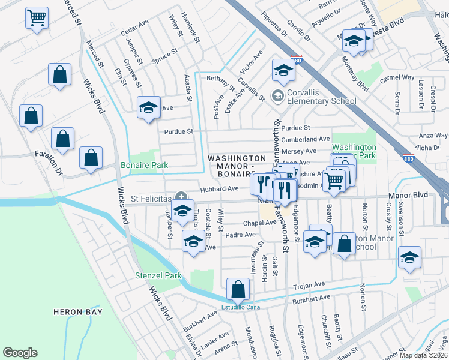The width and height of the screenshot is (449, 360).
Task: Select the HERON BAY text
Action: click(x=77, y=312)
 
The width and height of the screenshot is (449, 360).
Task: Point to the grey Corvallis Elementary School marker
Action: click(x=277, y=95)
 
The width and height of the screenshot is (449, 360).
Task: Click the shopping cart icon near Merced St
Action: click(x=37, y=17)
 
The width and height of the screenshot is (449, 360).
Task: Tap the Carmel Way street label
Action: click(x=397, y=77)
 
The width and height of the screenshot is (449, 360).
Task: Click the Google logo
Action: click(x=20, y=353)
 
